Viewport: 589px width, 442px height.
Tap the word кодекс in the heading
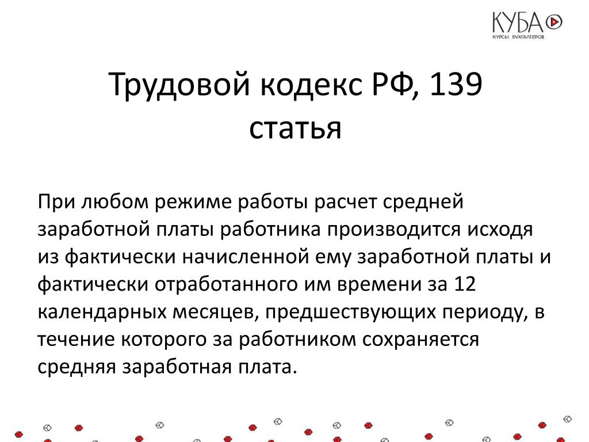coord(311,84)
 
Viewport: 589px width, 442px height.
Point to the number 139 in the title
coord(456,84)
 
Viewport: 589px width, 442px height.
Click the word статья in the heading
coord(295,128)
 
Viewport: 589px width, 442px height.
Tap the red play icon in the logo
coord(554,22)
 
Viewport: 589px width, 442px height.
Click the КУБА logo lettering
coord(518,22)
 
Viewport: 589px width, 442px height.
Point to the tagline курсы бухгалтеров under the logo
coord(518,37)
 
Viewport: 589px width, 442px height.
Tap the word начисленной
coord(245,257)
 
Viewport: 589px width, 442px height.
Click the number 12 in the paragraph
coord(465,284)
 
